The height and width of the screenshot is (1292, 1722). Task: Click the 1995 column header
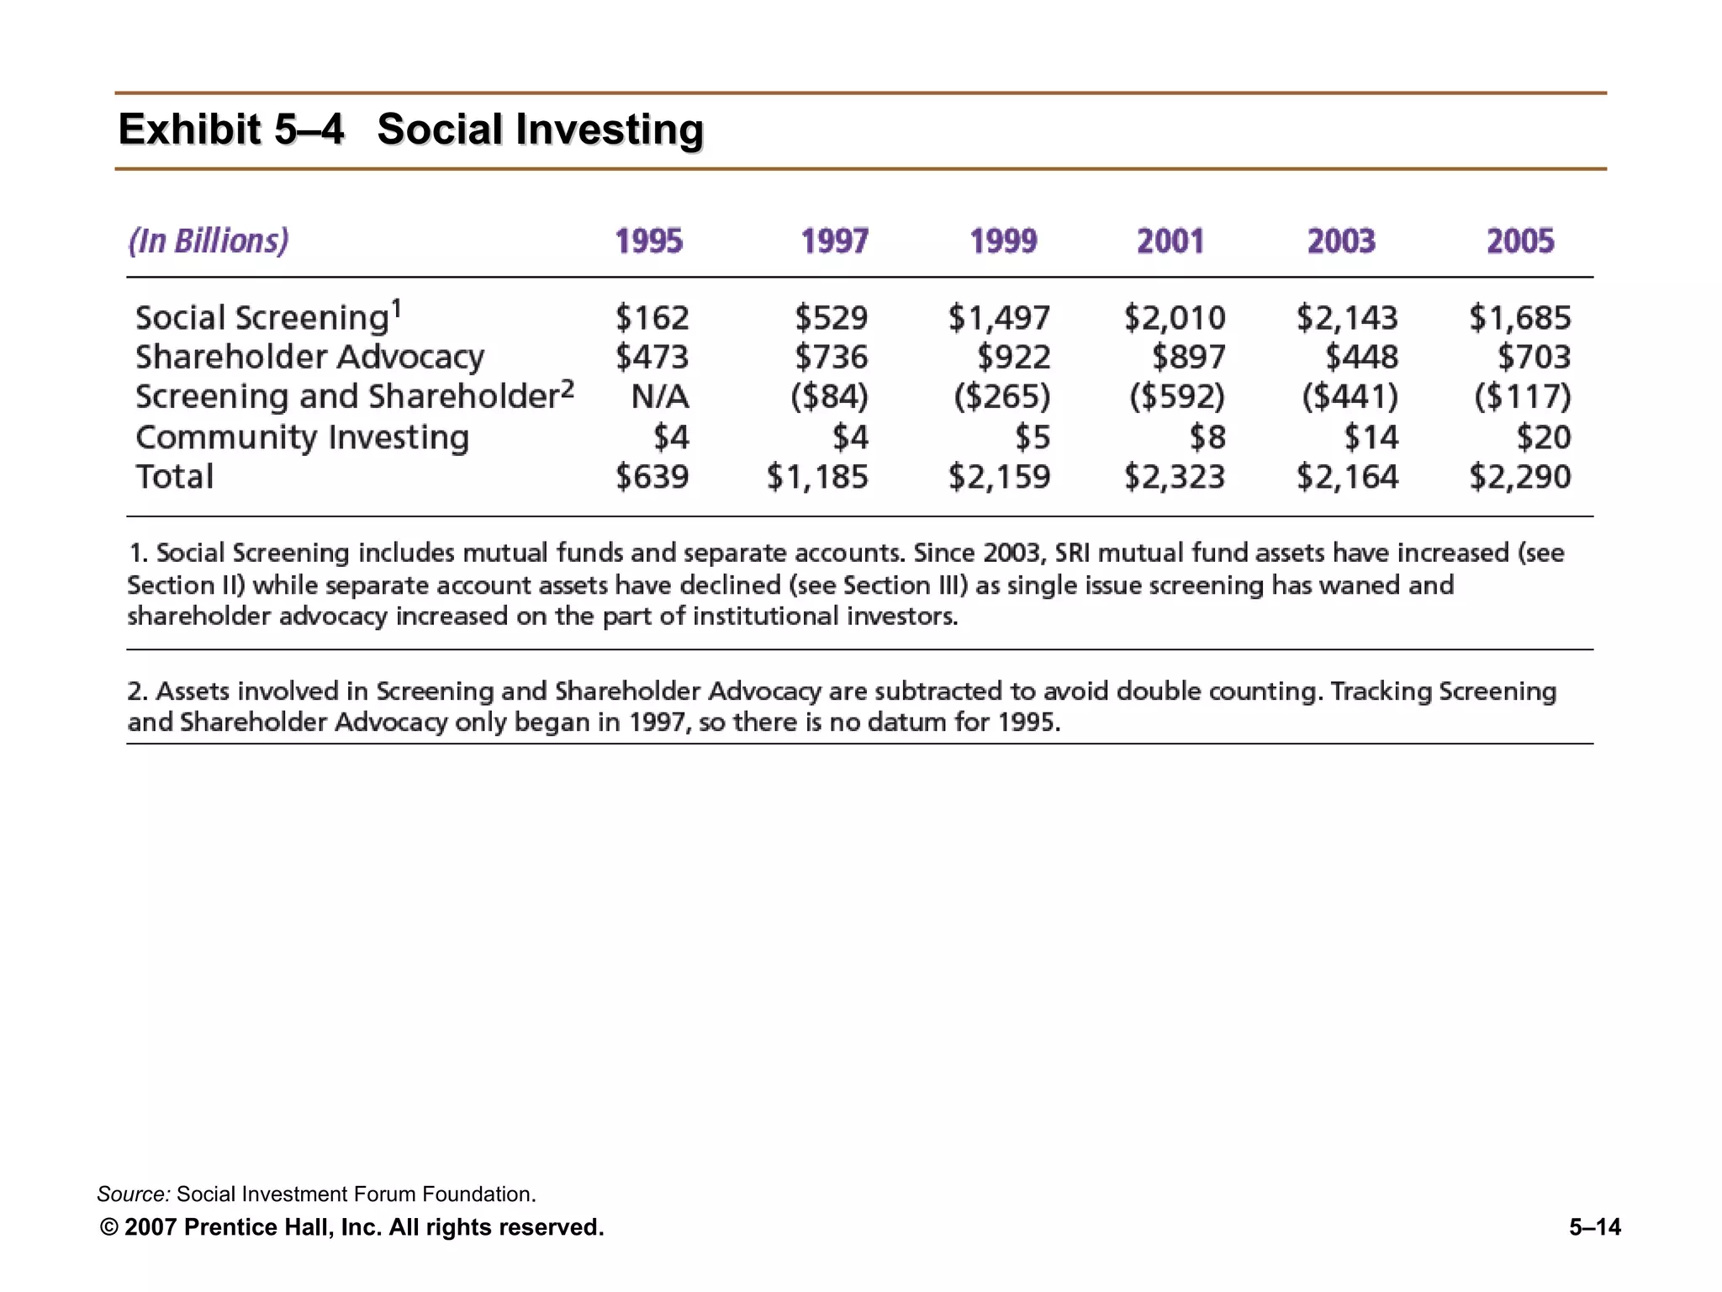coord(648,241)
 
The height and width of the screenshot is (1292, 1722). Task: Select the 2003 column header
coord(1340,241)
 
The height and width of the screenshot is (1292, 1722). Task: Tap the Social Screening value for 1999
coord(999,318)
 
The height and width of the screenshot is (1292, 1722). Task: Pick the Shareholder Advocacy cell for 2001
coord(1188,357)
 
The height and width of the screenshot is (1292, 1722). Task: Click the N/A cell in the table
coord(660,396)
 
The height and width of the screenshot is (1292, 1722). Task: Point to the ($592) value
coord(1176,396)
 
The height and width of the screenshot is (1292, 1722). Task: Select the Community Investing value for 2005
coord(1543,437)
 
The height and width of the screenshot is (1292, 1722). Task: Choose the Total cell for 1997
coord(816,477)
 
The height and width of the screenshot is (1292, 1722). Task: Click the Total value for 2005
coord(1519,477)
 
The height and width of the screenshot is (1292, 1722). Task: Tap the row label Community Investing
coord(302,437)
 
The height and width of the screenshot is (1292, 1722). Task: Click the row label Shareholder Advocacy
coord(309,357)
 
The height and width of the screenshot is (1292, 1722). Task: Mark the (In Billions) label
coord(209,241)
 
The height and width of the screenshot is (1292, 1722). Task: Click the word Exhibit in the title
coord(189,130)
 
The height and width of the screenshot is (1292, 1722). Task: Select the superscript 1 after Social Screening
coord(397,309)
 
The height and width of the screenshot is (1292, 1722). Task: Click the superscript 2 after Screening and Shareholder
coord(568,389)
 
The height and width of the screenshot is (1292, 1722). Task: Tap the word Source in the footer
coord(133,1194)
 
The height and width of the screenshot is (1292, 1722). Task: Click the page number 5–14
coord(1594,1227)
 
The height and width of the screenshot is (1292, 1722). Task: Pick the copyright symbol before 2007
coord(108,1227)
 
